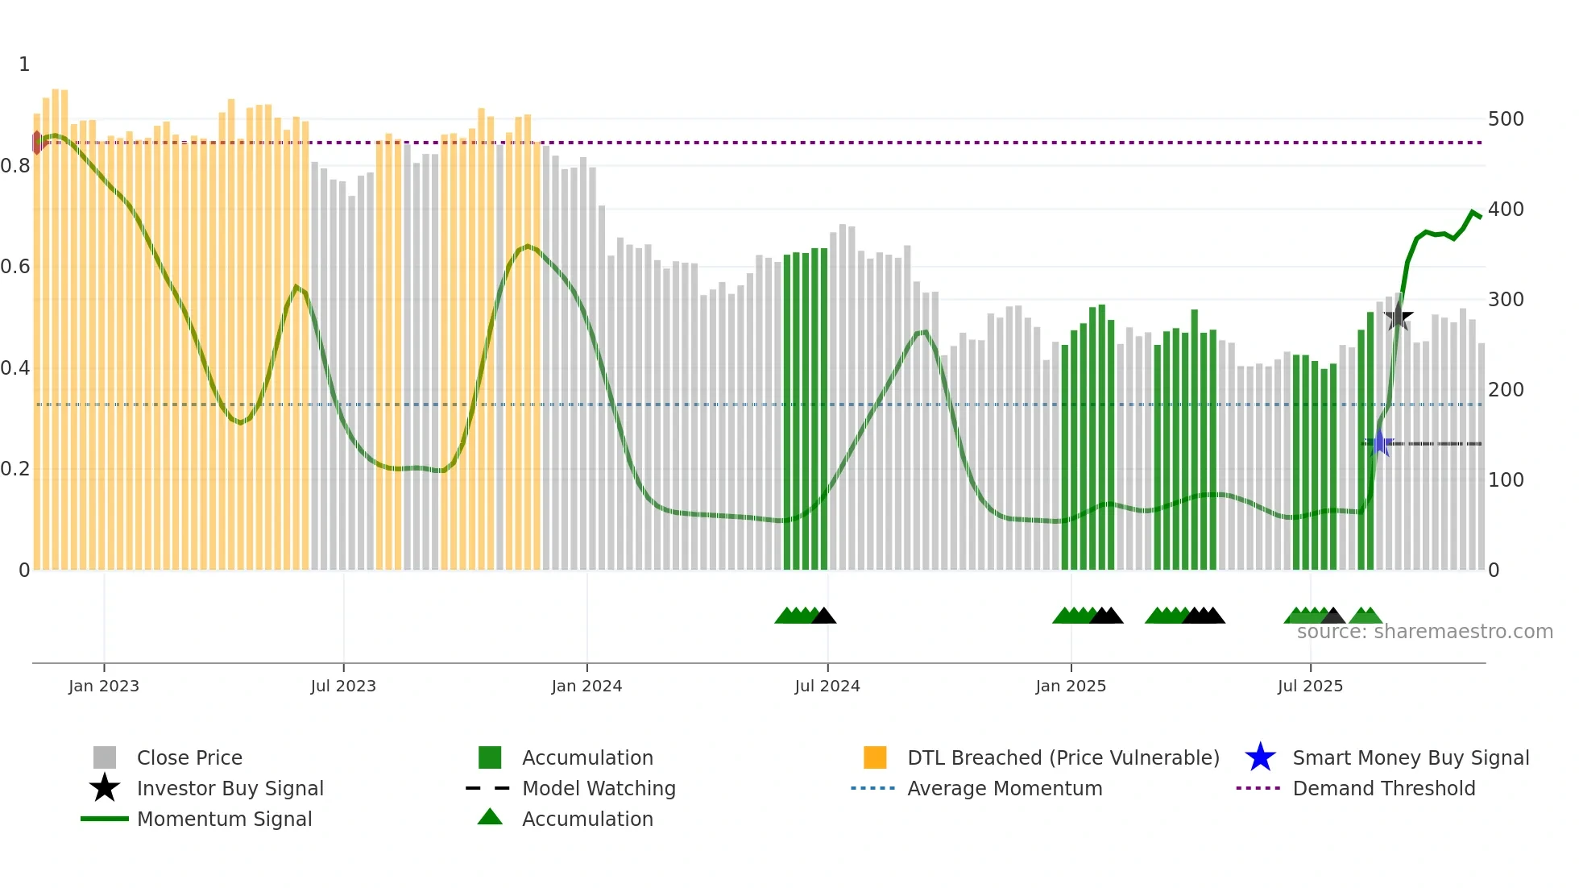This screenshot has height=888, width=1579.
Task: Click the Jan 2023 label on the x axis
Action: click(103, 686)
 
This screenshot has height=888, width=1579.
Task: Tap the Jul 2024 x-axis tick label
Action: click(827, 686)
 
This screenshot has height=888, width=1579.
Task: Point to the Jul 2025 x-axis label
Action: click(1310, 686)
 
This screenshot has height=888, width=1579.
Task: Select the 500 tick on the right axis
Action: click(1506, 119)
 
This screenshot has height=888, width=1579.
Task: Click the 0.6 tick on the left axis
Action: click(15, 267)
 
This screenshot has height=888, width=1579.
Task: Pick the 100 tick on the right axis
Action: click(1506, 480)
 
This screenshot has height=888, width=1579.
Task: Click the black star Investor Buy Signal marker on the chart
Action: click(1399, 317)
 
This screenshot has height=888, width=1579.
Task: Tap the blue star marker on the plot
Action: click(1379, 443)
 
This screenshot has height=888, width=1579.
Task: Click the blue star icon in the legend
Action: click(1260, 757)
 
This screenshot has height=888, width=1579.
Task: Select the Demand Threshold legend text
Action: click(1383, 788)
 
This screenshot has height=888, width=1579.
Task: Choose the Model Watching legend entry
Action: click(598, 788)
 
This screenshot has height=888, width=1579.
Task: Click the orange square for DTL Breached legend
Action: click(875, 757)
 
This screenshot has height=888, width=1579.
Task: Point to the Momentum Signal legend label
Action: click(224, 819)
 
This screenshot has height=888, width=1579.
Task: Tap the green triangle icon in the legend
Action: click(490, 817)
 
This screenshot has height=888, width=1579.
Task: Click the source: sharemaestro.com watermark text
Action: click(1424, 632)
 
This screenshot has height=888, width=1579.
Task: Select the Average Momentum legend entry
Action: click(1004, 788)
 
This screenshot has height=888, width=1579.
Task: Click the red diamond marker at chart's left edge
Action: click(37, 143)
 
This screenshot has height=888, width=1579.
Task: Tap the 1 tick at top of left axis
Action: click(24, 64)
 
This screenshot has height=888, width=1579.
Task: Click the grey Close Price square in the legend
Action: click(105, 757)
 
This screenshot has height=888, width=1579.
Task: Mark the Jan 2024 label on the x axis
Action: click(586, 686)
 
